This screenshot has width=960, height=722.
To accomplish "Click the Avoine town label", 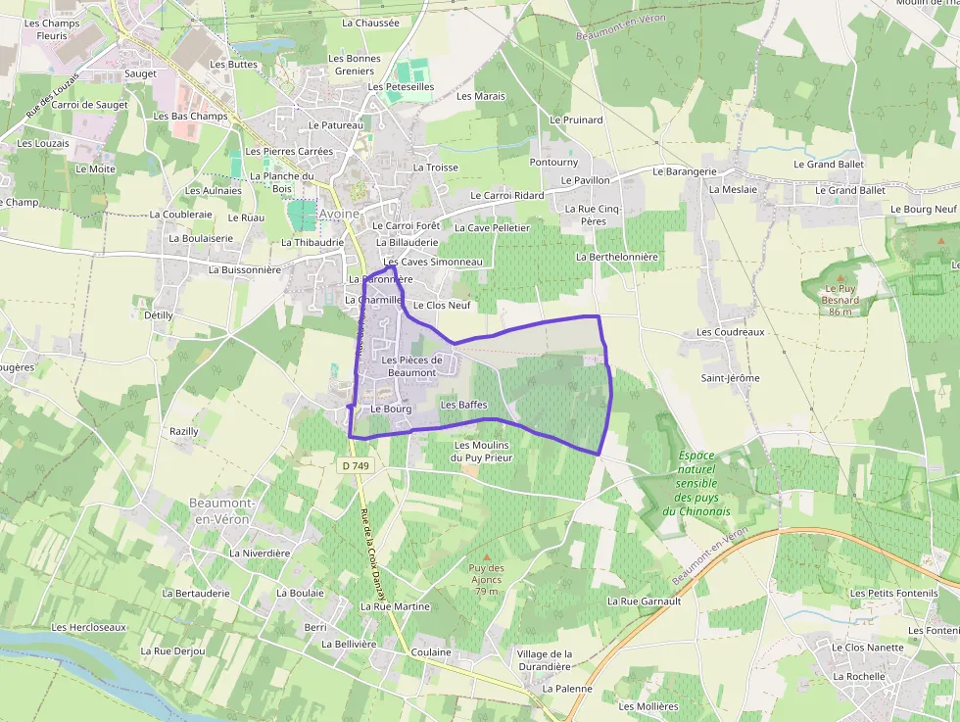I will point(340,214).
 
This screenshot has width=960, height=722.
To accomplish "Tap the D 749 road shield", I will point(354,466).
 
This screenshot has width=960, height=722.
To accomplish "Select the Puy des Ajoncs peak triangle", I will point(486,557).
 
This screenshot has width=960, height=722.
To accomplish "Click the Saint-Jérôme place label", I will point(730,378).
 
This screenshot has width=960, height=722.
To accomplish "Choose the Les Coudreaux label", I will point(730,332).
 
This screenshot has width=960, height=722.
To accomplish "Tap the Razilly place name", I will point(184,431).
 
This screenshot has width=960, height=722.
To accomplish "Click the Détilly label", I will point(159,315).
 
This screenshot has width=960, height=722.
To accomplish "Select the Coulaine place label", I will point(432,651).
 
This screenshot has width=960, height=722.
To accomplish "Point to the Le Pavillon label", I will point(586,180).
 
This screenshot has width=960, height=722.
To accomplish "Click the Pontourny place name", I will point(553,162).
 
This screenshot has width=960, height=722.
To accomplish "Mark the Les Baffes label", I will point(464,405).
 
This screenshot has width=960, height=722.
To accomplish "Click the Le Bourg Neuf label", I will point(923,210).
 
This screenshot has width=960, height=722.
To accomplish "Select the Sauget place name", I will point(141,73).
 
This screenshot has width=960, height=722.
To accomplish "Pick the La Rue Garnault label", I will point(644,601).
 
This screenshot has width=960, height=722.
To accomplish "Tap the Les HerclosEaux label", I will point(89,627).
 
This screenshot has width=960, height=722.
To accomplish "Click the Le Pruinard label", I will point(577,120).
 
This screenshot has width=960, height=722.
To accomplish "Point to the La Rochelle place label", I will point(858,676).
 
